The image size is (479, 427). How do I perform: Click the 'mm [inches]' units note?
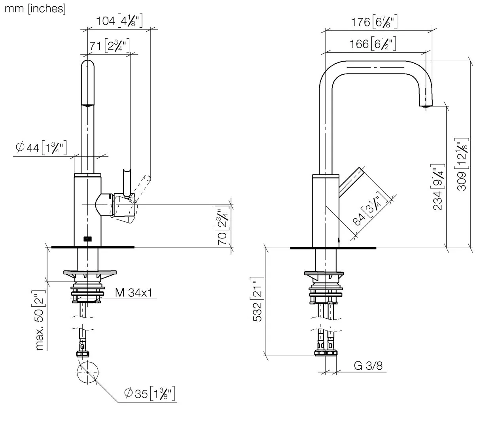35,9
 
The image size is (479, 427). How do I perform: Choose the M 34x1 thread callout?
134,293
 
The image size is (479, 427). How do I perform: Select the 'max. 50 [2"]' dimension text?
40,320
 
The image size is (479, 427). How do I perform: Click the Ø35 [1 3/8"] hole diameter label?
150,394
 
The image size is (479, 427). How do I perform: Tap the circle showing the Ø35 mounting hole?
88,372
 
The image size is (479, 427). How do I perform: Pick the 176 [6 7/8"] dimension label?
374,22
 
